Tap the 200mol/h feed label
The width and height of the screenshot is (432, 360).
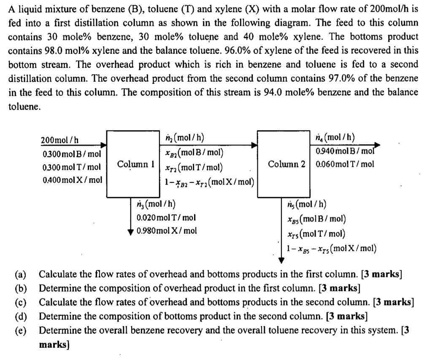[x=59, y=140]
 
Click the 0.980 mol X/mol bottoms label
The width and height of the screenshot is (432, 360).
[x=167, y=231]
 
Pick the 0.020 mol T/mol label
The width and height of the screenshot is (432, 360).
[x=166, y=218]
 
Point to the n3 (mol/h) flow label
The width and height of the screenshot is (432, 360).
[x=156, y=205]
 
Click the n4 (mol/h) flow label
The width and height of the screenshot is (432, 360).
[x=337, y=138]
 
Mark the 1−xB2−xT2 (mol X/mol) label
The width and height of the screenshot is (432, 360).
[x=209, y=182]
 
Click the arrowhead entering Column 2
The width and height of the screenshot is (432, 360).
[x=254, y=145]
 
